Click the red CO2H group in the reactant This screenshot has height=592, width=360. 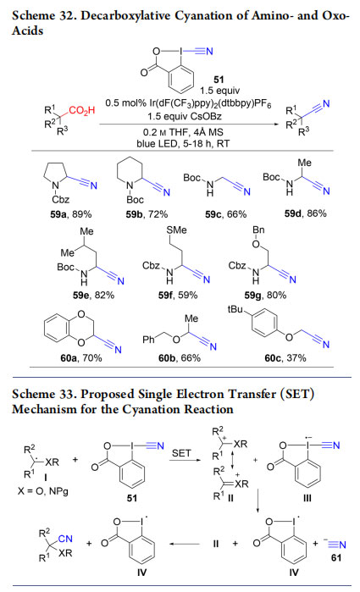coord(82,110)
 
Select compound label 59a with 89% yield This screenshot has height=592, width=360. coord(70,214)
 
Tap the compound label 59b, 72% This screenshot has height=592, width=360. coord(147,214)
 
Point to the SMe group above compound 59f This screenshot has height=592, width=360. coord(176,230)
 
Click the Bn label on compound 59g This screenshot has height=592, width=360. coord(258,230)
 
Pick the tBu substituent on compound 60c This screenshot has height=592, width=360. coord(235,309)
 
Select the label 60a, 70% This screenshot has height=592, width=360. coord(81,357)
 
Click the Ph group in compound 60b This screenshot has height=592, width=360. coord(148,340)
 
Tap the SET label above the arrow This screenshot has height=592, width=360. coord(181,453)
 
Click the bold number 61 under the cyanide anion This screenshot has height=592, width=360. coord(336,557)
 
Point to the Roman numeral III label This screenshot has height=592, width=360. coord(307,498)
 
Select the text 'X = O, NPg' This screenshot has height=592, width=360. coord(42,491)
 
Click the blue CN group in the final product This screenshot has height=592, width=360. coord(65,539)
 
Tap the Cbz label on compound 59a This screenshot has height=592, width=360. coord(61,199)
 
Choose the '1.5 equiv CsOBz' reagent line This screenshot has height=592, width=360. coord(185,116)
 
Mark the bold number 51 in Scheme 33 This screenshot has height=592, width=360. coord(131,498)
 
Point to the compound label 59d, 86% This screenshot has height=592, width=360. coord(305,213)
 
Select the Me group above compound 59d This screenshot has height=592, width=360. coord(304,163)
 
